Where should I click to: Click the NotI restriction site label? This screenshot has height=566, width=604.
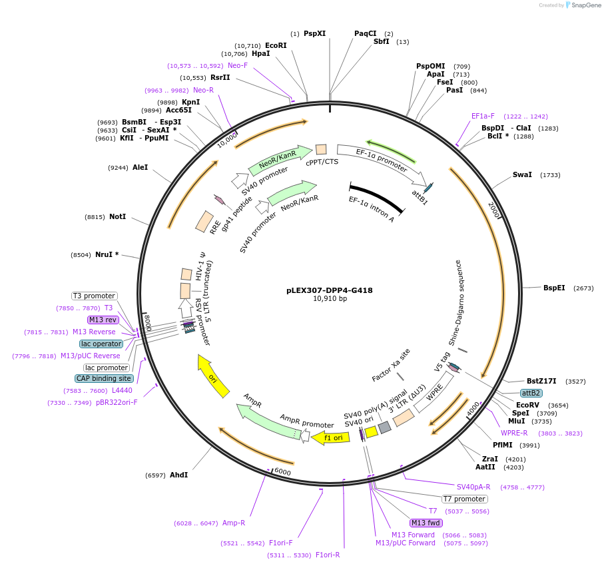coord(118,216)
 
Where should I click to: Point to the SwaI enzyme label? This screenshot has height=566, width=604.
coord(522,174)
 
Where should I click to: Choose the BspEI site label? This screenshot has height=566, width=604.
coord(554,288)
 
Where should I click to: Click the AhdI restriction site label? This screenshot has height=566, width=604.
coord(178,475)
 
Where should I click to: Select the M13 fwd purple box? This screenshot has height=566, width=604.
coord(426,523)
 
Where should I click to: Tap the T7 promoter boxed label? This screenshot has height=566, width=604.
coord(465,499)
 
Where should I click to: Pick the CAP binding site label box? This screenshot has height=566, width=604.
coord(104,378)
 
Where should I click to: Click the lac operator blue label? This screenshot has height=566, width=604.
coord(101,344)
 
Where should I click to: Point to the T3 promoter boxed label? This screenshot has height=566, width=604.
coord(95,296)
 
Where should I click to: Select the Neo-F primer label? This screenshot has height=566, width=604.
coord(238,65)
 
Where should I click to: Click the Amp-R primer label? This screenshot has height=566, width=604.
coord(234,523)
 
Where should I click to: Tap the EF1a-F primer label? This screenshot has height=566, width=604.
coord(483,116)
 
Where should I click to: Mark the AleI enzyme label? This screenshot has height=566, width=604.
coord(140,167)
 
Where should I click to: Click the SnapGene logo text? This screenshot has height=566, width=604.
coord(584,5)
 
